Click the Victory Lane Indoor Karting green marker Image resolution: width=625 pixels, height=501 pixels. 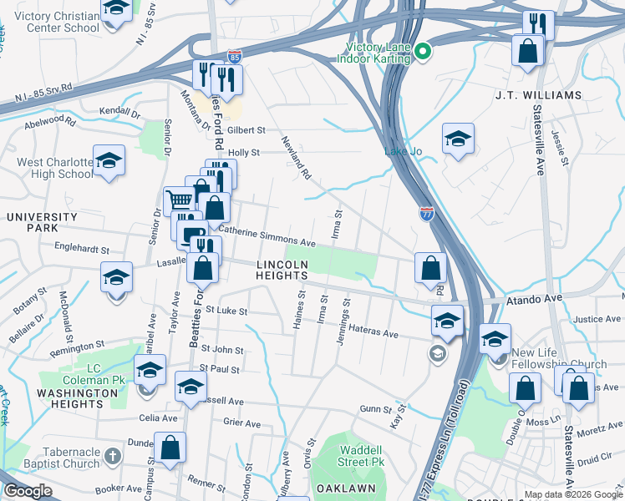[x=423, y=52]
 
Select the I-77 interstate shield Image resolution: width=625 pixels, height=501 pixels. [x=427, y=214]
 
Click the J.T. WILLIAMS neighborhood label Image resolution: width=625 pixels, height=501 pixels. [x=538, y=95]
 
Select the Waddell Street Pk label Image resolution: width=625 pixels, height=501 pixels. [x=361, y=455]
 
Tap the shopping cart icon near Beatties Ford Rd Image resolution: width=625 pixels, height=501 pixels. [x=179, y=200]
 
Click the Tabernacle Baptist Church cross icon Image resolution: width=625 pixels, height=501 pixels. [x=115, y=458]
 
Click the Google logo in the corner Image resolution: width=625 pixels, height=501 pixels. [x=28, y=491]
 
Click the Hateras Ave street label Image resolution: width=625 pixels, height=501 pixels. [x=373, y=332]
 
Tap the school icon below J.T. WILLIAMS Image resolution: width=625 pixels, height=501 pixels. [x=458, y=139]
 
